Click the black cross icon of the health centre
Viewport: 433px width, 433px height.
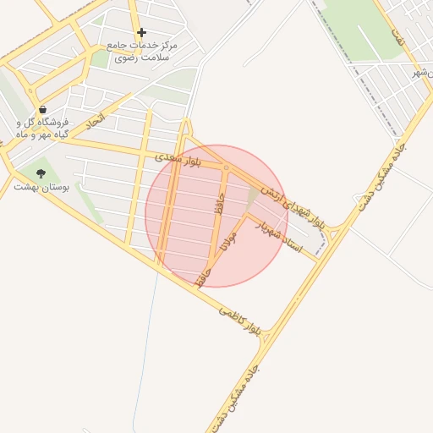coord(141,32)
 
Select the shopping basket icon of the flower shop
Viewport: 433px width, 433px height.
coord(42,109)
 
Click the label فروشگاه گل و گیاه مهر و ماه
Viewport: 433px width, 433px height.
coord(42,128)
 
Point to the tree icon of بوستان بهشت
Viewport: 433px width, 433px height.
coord(41,173)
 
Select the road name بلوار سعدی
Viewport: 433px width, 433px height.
coord(178,158)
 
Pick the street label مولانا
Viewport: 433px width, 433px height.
coord(229,240)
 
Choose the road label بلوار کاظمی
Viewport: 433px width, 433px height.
coord(241,319)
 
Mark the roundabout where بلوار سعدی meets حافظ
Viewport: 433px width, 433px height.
coord(227,168)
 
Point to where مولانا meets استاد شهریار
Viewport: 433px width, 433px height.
coord(246,216)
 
